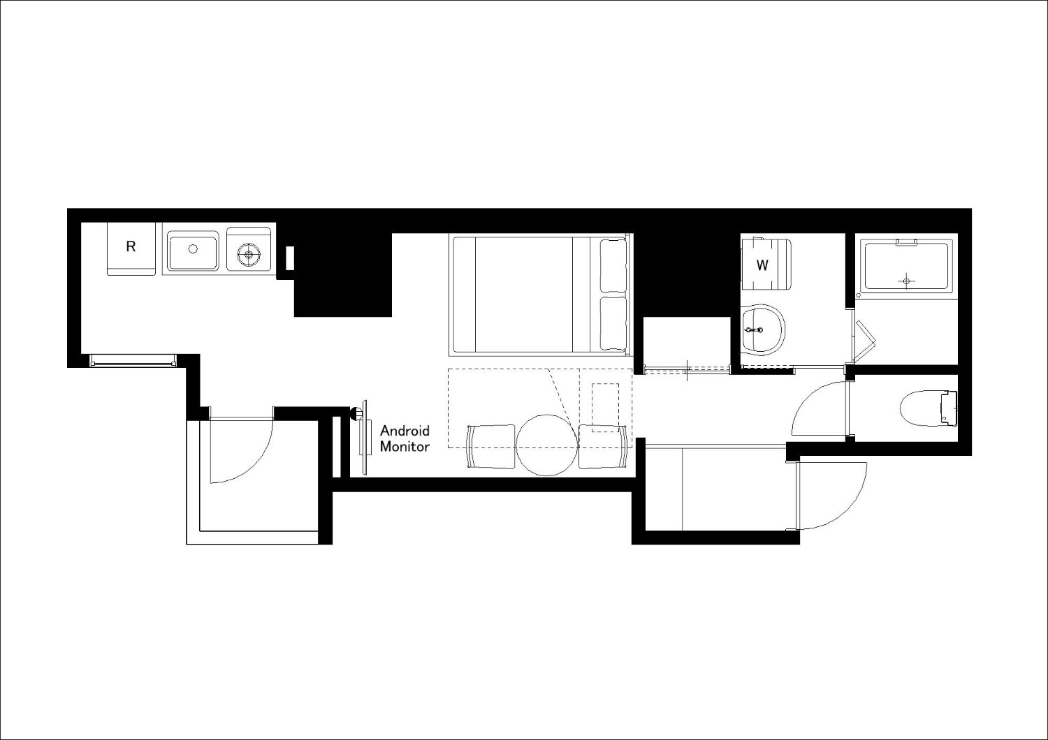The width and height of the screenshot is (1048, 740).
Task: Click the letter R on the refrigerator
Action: pyautogui.click(x=131, y=246)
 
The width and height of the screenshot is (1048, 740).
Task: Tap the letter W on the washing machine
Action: pyautogui.click(x=762, y=265)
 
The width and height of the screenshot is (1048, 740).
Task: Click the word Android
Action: pyautogui.click(x=405, y=430)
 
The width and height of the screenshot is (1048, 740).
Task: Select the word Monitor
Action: pyautogui.click(x=405, y=446)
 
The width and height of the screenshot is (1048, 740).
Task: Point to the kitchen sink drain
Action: pyautogui.click(x=193, y=249)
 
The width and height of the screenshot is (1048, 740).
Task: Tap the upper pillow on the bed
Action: pyautogui.click(x=613, y=266)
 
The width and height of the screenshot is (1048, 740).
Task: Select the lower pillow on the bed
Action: pyautogui.click(x=613, y=323)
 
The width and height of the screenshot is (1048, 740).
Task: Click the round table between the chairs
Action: pyautogui.click(x=547, y=445)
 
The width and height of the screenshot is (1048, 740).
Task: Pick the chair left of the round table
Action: pyautogui.click(x=490, y=446)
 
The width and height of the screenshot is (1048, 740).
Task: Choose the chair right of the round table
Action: pyautogui.click(x=602, y=446)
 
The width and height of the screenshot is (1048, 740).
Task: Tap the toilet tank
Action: pyautogui.click(x=949, y=408)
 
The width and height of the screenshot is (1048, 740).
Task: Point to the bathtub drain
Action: pyautogui.click(x=906, y=281)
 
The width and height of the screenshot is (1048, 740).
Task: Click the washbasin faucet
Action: pyautogui.click(x=754, y=330)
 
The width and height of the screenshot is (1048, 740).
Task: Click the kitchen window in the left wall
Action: pyautogui.click(x=133, y=360)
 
